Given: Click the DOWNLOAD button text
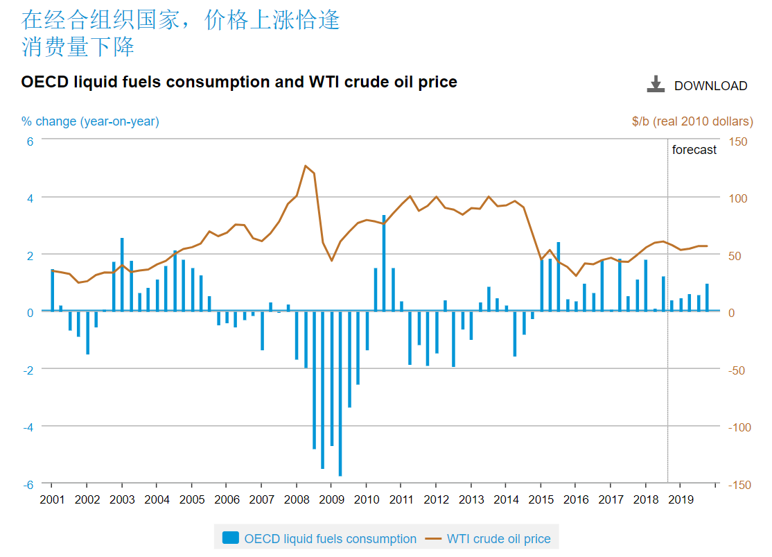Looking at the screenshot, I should [x=710, y=86].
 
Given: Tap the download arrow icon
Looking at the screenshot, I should [x=655, y=84].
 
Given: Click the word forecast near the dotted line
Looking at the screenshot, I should [x=694, y=150].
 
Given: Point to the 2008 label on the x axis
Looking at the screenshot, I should [x=297, y=499].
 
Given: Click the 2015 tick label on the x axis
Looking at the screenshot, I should [x=541, y=499].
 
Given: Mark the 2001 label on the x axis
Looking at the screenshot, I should [x=52, y=499].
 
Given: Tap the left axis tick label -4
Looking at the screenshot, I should [x=28, y=426].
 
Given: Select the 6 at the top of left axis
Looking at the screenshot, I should [x=30, y=140].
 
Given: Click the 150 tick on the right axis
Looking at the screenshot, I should [x=739, y=142].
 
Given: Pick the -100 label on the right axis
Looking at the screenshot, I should [x=739, y=427].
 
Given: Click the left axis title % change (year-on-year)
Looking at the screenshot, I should [x=90, y=121].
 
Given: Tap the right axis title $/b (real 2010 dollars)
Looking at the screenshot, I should [x=692, y=121].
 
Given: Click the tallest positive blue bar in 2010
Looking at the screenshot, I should [x=384, y=263].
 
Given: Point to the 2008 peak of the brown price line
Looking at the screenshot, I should [x=306, y=166].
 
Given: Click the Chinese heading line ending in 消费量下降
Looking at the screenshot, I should [x=78, y=47].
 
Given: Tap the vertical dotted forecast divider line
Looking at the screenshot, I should [x=667, y=312].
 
